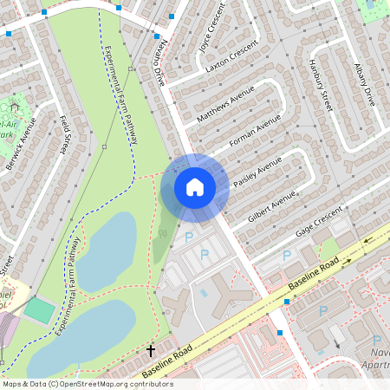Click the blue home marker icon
(195, 186)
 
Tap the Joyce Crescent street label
(211, 38)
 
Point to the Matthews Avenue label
(225, 102)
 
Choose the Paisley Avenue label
(260, 172)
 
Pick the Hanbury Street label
(320, 87)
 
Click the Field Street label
(63, 135)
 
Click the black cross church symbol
(151, 350)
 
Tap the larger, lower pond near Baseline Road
(82, 334)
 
